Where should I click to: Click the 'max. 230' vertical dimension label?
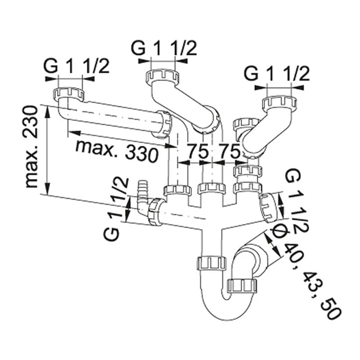point(31,146)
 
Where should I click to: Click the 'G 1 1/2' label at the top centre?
point(164,49)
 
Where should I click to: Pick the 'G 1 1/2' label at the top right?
point(277,73)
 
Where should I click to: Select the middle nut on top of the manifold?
point(211,189)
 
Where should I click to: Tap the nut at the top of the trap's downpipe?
point(211,262)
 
